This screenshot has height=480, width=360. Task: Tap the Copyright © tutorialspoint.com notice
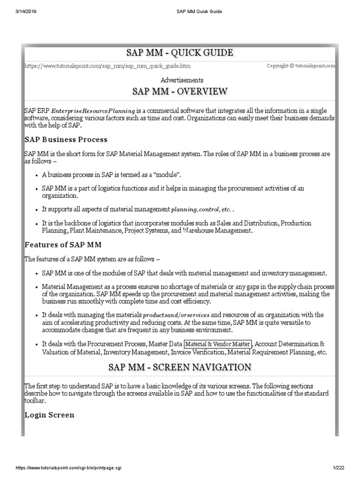[301, 66]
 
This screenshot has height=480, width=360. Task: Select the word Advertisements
[182, 80]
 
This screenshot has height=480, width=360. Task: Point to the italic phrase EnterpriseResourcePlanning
[93, 110]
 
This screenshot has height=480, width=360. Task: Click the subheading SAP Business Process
[66, 140]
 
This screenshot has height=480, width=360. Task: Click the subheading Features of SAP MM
[63, 245]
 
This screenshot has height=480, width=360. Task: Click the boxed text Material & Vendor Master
[218, 344]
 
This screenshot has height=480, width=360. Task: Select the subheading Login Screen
[49, 415]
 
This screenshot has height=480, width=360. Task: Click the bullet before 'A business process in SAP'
[37, 174]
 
